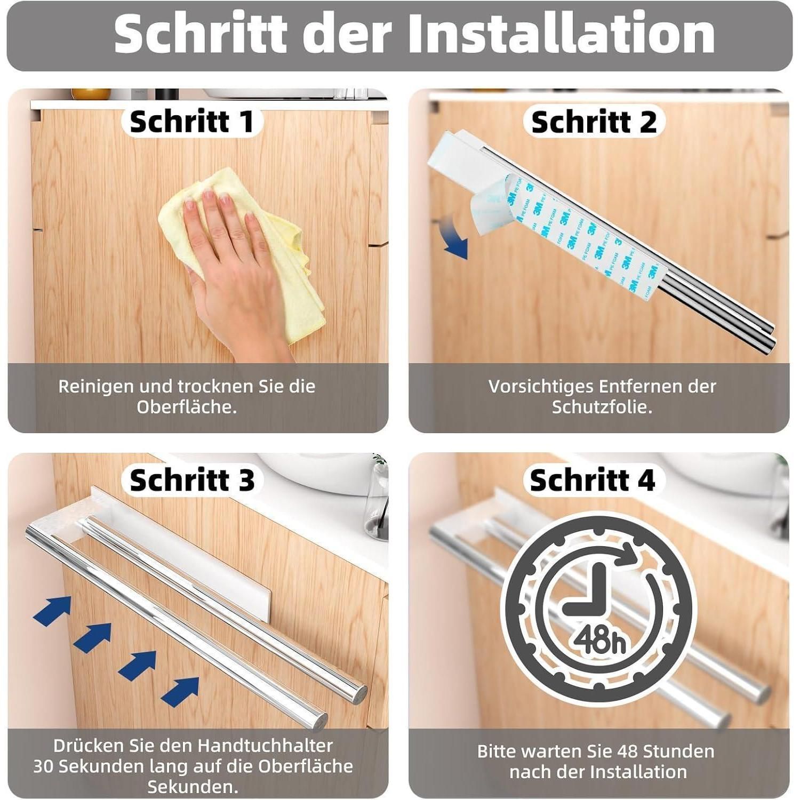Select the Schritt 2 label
pyautogui.click(x=594, y=122)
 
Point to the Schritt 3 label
pyautogui.click(x=192, y=479)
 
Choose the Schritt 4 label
pyautogui.click(x=593, y=480)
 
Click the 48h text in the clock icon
pyautogui.click(x=601, y=639)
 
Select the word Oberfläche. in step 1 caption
pyautogui.click(x=187, y=407)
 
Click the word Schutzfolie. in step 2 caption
pyautogui.click(x=602, y=407)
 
